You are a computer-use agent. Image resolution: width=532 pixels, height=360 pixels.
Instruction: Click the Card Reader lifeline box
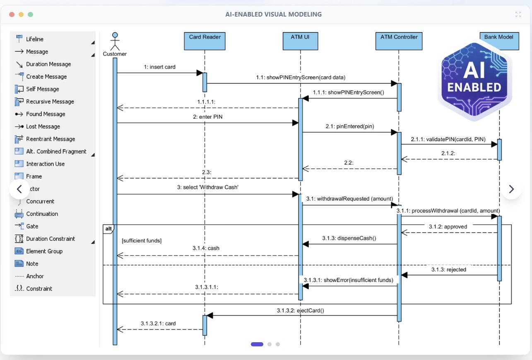coord(205,41)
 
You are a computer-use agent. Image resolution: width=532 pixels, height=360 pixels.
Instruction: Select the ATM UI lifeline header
coord(300,41)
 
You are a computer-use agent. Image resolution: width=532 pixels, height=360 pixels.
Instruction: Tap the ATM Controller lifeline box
coord(399,41)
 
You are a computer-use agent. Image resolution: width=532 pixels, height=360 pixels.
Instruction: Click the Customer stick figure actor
coord(115,41)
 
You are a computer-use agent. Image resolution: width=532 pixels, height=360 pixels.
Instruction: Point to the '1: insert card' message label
coord(159,67)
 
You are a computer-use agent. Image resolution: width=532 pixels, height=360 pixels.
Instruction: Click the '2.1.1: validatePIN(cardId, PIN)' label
coord(448,139)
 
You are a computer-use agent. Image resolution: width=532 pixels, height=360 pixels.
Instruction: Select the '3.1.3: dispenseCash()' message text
coord(349,238)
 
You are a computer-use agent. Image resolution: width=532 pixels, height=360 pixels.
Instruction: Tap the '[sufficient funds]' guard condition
coord(142,241)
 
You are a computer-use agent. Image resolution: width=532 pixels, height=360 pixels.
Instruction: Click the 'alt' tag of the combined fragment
coord(108,228)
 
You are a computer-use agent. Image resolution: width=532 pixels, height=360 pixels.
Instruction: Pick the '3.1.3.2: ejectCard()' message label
coord(300,310)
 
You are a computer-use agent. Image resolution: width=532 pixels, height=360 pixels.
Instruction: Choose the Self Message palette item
coord(42,89)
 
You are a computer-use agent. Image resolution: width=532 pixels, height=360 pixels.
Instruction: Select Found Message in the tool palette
coord(45,114)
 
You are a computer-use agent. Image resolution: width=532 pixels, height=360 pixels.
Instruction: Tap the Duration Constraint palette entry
coord(50,239)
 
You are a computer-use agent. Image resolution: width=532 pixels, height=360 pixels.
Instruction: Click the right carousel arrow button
coord(511,189)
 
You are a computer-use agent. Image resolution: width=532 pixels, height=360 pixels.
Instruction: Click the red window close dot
coord(12,14)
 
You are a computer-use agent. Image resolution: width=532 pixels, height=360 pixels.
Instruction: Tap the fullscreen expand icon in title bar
coord(518,14)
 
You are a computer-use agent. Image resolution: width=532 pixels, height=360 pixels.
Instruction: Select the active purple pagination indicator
coord(257,344)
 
